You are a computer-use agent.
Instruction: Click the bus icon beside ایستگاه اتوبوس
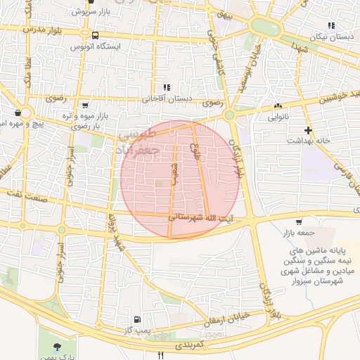95,34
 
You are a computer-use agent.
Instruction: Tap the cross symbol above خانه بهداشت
308,130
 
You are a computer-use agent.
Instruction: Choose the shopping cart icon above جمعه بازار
300,221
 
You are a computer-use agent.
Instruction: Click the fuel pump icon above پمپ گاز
136,319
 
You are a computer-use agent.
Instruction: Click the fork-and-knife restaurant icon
161,354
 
